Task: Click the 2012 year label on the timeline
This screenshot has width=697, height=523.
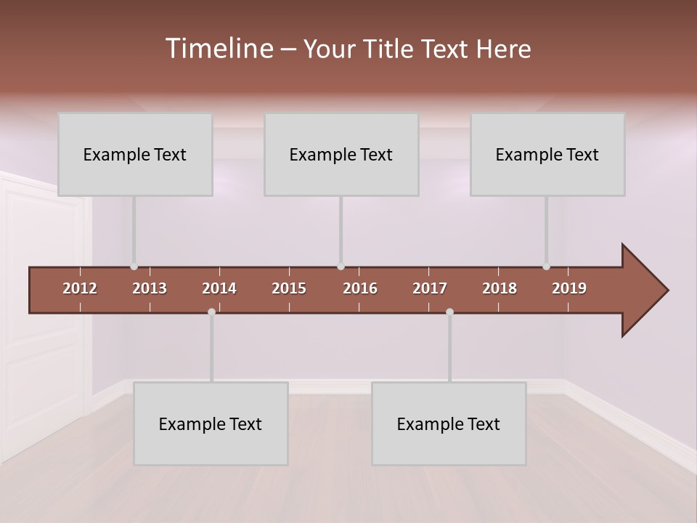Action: click(x=80, y=288)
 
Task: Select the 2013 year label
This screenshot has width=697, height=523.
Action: click(x=150, y=288)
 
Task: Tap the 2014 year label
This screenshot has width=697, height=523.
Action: click(x=219, y=288)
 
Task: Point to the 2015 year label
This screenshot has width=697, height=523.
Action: click(x=289, y=288)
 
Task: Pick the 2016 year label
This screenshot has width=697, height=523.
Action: click(x=360, y=288)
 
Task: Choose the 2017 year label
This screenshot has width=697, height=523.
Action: click(x=430, y=288)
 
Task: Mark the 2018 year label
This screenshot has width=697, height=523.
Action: click(x=500, y=288)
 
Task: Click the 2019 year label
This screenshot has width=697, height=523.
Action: click(x=569, y=288)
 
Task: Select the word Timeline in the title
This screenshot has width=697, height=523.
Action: click(x=219, y=49)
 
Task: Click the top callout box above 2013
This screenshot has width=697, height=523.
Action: click(x=135, y=154)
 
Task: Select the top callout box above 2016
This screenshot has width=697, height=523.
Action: click(x=341, y=154)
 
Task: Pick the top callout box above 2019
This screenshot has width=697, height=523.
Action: click(x=547, y=154)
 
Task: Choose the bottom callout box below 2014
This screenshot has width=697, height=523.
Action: click(x=211, y=423)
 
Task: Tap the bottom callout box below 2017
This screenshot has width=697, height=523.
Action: click(x=449, y=423)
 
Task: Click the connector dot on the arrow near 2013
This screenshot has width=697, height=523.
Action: click(x=134, y=267)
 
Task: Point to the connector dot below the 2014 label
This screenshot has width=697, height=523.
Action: click(x=211, y=312)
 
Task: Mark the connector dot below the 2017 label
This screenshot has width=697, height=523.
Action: click(x=449, y=312)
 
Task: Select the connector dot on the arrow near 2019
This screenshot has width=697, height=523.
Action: click(x=547, y=267)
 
